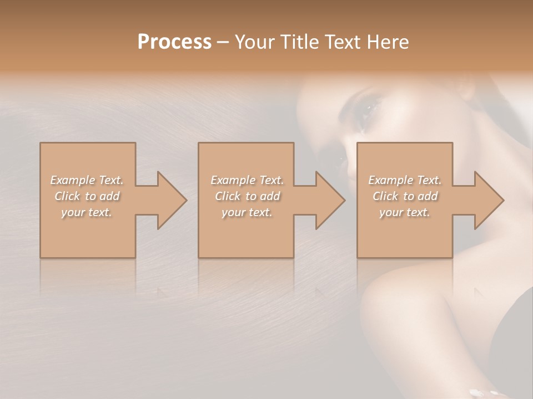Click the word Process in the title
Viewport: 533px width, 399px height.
click(x=174, y=42)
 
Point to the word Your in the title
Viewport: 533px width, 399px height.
click(x=253, y=42)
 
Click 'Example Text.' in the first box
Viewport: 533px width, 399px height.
click(x=87, y=180)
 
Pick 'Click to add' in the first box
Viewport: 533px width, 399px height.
click(x=87, y=196)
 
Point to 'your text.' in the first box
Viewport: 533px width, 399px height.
click(x=87, y=212)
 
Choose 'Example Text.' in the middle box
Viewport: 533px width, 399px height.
click(x=247, y=180)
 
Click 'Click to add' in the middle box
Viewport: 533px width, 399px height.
click(x=247, y=196)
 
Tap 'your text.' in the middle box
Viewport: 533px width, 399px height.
click(x=247, y=212)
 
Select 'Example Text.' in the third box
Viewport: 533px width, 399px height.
click(x=405, y=180)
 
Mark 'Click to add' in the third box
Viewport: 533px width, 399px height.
click(x=405, y=196)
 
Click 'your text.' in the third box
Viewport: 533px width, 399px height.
click(x=405, y=212)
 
